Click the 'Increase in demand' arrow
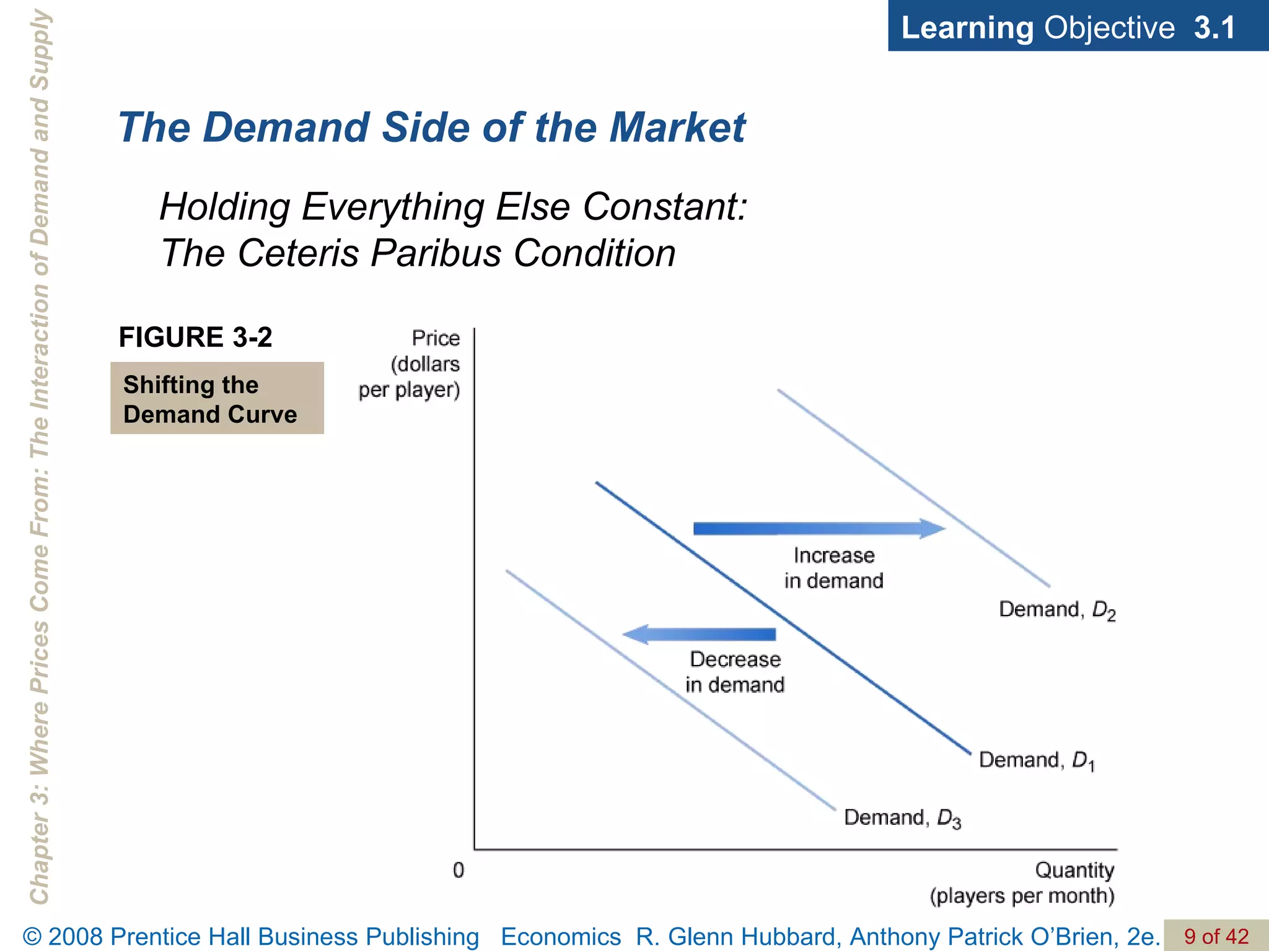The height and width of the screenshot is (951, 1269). click(x=818, y=529)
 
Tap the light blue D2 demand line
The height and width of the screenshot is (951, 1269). click(x=913, y=488)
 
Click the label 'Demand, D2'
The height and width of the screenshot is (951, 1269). click(x=1057, y=610)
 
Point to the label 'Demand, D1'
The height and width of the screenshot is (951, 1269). click(x=1037, y=761)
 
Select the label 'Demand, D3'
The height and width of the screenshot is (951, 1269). click(x=902, y=819)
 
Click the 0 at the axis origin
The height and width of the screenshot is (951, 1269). click(x=459, y=871)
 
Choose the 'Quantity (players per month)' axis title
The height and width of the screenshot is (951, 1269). click(x=1022, y=883)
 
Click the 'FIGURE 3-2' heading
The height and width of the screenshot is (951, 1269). click(x=195, y=337)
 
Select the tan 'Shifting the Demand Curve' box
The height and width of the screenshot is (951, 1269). click(x=217, y=398)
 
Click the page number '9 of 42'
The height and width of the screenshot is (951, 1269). click(x=1216, y=936)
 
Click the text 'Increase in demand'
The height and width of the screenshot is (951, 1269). click(x=833, y=568)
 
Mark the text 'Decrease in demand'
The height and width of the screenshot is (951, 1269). click(x=735, y=672)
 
